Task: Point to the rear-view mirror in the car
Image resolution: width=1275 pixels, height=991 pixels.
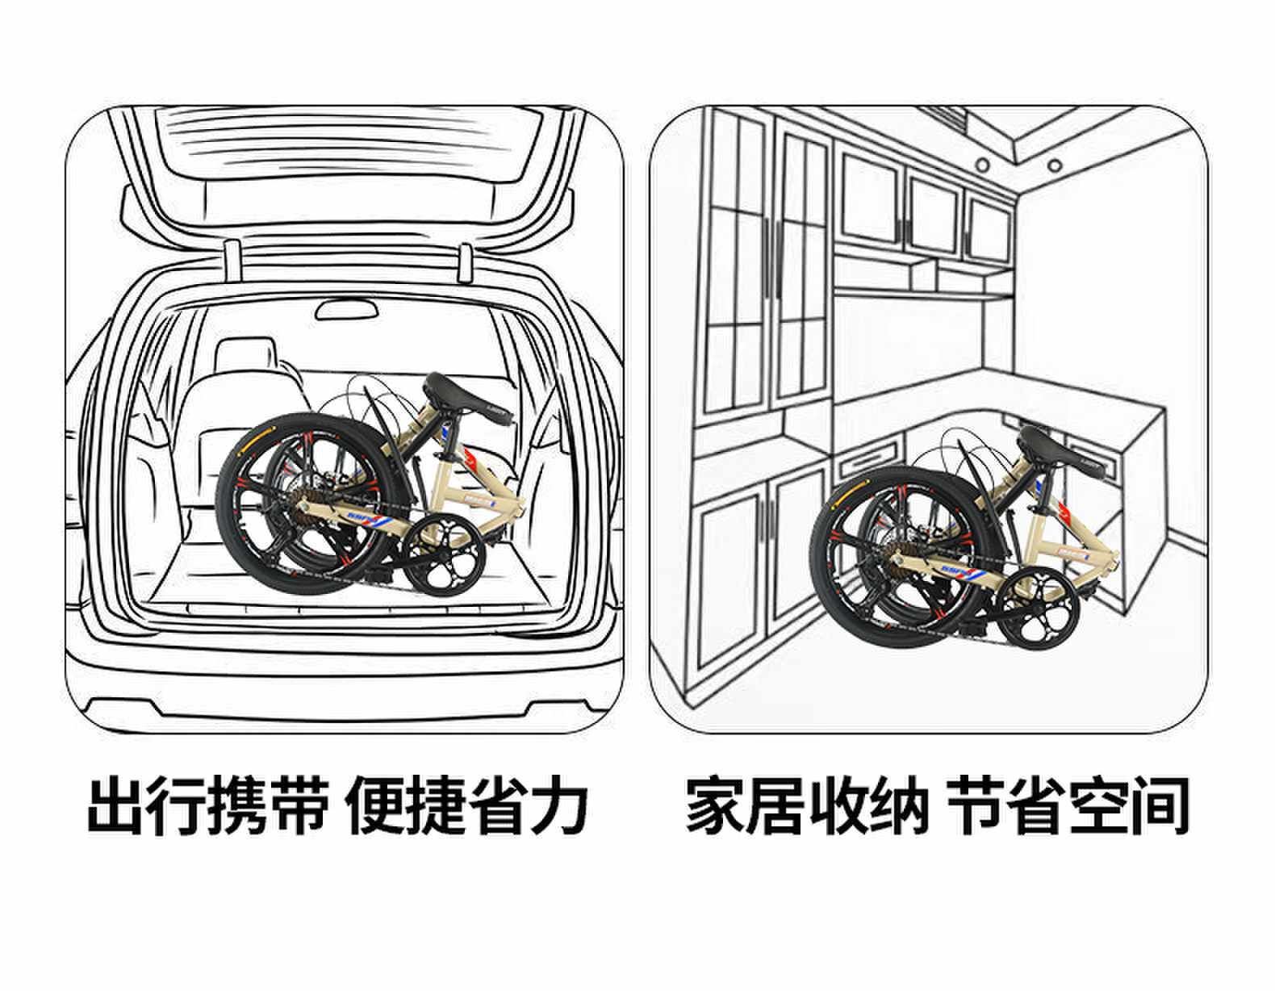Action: (346, 311)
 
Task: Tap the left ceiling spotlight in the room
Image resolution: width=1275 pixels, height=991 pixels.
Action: (982, 165)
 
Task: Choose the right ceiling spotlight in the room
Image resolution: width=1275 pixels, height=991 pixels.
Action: (1053, 165)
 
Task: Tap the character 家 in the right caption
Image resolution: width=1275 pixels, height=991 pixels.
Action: (715, 805)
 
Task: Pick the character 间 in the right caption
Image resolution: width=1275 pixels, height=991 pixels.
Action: (1159, 805)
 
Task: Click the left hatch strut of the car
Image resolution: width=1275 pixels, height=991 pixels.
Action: (232, 262)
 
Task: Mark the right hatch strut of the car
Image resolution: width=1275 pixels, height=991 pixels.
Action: (466, 262)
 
